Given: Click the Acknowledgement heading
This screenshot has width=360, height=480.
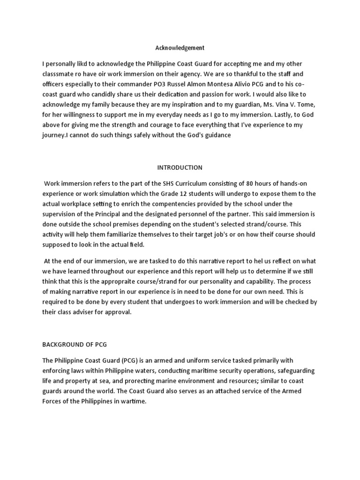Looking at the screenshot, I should [x=180, y=48].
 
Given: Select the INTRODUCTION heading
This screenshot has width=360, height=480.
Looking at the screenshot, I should [x=180, y=167].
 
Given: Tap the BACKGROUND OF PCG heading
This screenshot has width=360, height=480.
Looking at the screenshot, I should [x=75, y=345].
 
